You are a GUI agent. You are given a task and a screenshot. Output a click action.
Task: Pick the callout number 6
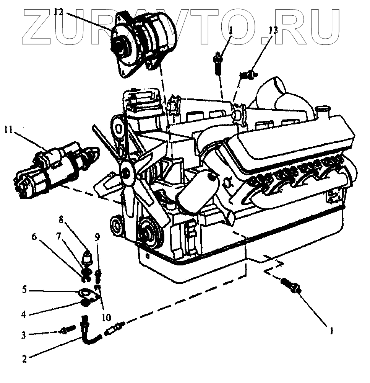pyautogui.click(x=34, y=237)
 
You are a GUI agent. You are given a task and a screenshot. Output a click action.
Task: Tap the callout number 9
pyautogui.click(x=97, y=237)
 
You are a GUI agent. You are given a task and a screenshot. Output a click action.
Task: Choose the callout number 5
pyautogui.click(x=24, y=290)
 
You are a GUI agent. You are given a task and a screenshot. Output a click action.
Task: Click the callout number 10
pyautogui.click(x=106, y=317)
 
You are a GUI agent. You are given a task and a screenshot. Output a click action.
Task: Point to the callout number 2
pyautogui.click(x=24, y=359)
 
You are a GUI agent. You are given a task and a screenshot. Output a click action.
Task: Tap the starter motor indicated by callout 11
pyautogui.click(x=54, y=170)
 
